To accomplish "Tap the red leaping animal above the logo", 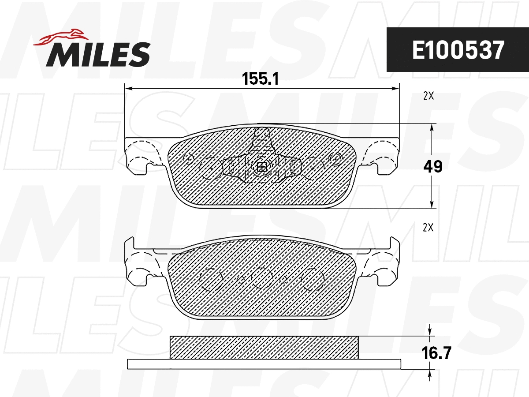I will click(x=62, y=37).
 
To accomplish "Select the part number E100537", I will click(x=458, y=50).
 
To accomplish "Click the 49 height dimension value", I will click(x=432, y=166).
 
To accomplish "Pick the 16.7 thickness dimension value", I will click(x=436, y=353).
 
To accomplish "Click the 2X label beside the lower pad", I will click(x=428, y=228).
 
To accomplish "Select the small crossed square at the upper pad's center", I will click(x=262, y=167).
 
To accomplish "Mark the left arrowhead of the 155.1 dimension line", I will click(x=129, y=89).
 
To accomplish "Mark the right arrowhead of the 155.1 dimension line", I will click(x=395, y=89).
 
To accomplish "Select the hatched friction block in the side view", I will click(x=264, y=348).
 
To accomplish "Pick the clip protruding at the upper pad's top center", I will click(x=262, y=137).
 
